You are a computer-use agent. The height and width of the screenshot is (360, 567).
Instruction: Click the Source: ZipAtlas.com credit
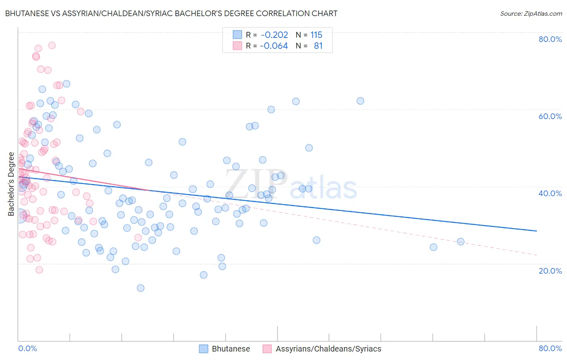coord(531,13)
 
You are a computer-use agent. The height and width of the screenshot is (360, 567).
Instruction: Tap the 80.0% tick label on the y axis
coord(550,39)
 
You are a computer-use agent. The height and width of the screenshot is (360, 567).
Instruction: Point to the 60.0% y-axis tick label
coord(550,116)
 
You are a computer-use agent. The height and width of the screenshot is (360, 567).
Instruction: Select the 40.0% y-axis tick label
coord(550,193)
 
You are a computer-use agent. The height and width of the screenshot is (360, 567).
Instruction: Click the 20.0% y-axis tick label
coord(550,271)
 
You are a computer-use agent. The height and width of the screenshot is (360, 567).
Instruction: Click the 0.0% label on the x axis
coord(27,348)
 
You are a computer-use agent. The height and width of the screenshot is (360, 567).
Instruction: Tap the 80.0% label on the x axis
coord(550,348)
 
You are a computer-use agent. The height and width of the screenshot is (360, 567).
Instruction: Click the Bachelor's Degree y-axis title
coord(11,184)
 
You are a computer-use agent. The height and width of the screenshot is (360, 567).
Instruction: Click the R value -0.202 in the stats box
coord(274,35)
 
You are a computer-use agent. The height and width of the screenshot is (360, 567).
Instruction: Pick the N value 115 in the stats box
coord(316,35)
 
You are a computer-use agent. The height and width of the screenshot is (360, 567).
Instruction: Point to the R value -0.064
coord(274,46)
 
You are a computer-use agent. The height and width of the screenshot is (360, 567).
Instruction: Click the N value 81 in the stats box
coord(318,46)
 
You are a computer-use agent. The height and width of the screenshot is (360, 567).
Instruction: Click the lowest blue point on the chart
coord(140,288)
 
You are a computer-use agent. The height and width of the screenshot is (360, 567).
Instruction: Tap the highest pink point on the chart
coord(52,45)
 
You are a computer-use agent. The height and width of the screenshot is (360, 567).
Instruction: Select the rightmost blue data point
coord(461,242)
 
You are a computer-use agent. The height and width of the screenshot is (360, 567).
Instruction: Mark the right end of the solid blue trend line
coord(536,231)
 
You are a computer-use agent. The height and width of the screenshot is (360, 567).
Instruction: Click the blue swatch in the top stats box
coord(238,35)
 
